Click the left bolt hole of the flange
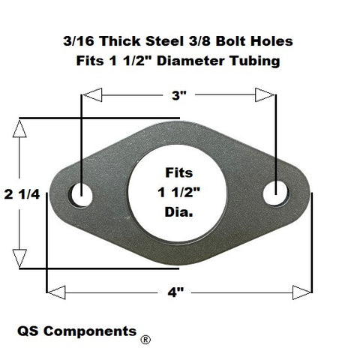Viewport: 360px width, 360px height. point(81,195)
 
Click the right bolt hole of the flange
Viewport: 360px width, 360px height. point(276,193)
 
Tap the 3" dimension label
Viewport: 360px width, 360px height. point(179,95)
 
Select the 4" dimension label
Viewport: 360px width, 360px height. point(175,292)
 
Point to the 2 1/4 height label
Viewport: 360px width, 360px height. point(22,194)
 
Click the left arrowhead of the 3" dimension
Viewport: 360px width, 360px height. point(92,95)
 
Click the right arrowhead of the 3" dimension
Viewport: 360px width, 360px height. point(265,95)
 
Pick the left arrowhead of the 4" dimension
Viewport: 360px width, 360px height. point(56,292)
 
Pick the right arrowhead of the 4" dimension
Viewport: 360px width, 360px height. point(302,292)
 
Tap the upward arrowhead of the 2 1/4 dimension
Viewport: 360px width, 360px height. point(19,129)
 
